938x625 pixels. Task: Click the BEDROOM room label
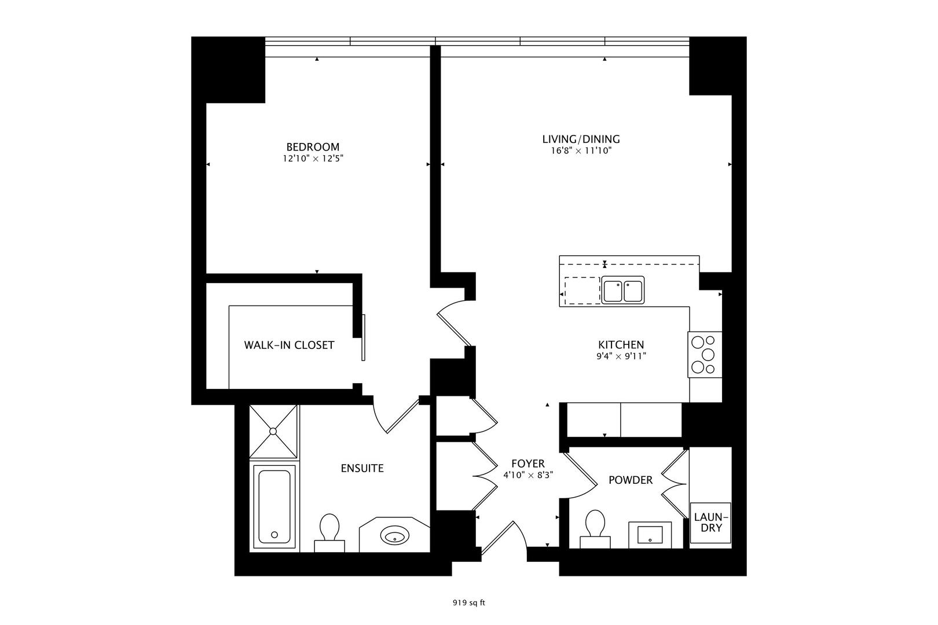click(313, 146)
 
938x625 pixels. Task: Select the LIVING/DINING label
click(581, 139)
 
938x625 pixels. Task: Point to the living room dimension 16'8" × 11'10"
click(581, 151)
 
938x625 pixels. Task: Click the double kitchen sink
click(622, 290)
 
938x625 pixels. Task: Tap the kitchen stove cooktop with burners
click(705, 354)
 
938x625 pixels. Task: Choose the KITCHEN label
click(621, 344)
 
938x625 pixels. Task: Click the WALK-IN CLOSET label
click(289, 345)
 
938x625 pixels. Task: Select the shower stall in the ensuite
click(273, 431)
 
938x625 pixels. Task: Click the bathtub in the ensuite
click(274, 506)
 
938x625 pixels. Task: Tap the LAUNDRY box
click(710, 522)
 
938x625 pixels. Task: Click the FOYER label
click(527, 464)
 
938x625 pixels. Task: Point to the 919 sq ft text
click(468, 602)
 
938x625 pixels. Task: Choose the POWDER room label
click(630, 480)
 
